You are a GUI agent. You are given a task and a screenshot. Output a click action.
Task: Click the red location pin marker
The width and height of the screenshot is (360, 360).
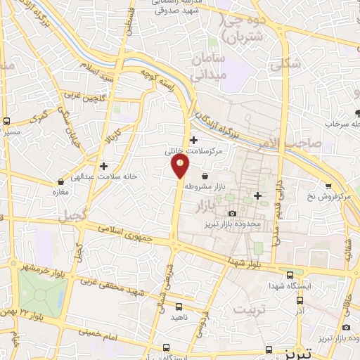pyautogui.click(x=180, y=166)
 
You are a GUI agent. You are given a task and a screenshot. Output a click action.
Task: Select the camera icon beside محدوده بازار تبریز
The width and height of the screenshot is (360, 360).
pyautogui.click(x=233, y=212)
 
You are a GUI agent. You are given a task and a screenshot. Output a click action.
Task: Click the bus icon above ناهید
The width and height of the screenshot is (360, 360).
pyautogui.click(x=179, y=307)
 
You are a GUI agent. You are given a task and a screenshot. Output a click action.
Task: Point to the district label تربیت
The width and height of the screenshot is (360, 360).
pyautogui.click(x=251, y=310)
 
